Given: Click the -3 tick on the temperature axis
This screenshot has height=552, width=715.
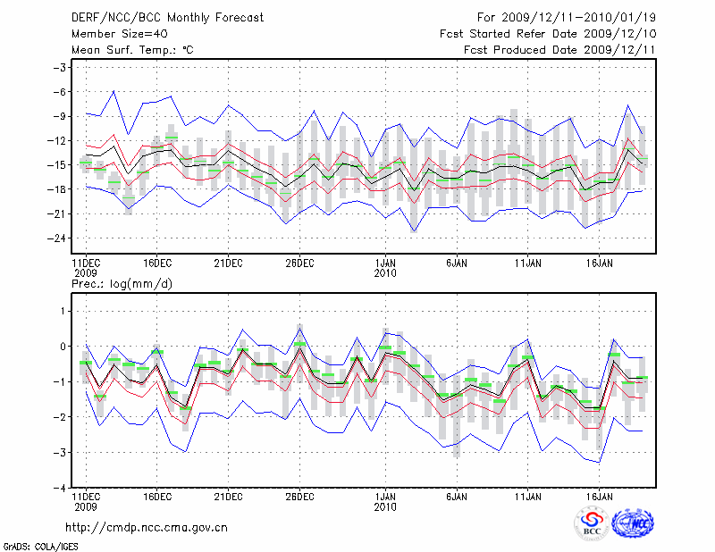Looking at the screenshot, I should (x=62, y=68).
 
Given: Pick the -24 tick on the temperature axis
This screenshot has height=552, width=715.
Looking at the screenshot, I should (x=59, y=238).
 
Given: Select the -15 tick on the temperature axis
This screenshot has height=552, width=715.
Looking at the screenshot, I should (x=59, y=165).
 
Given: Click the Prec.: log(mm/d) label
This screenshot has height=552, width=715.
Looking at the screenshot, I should (x=122, y=283).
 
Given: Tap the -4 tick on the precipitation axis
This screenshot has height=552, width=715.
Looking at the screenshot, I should (x=62, y=489).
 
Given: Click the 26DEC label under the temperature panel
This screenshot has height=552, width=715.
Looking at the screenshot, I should (x=299, y=263).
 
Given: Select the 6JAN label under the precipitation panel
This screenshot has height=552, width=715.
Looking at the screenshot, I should (x=457, y=497).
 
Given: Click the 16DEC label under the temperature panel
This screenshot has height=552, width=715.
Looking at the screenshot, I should (x=156, y=263).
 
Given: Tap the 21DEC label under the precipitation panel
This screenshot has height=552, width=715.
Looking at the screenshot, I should (x=228, y=497).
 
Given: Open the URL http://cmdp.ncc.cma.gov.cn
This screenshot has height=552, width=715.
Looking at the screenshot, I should (x=147, y=527).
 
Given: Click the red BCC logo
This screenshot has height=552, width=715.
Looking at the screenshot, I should (x=591, y=523).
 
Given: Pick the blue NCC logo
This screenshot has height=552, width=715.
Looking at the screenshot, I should (x=632, y=523).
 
